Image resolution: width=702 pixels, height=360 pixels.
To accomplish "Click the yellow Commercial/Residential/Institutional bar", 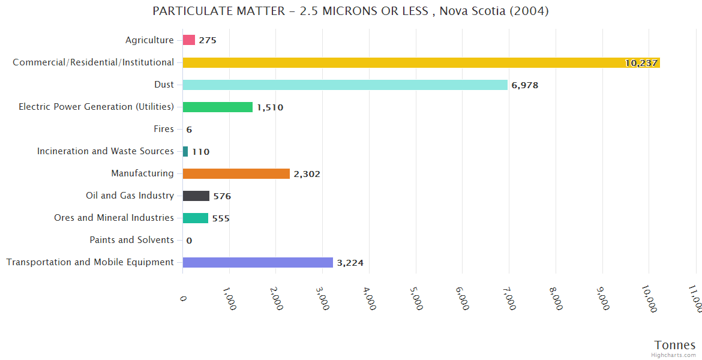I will tap(420, 62).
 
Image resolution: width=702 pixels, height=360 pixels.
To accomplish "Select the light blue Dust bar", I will tap(345, 85).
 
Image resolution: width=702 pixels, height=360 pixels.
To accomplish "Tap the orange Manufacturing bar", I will tap(236, 173).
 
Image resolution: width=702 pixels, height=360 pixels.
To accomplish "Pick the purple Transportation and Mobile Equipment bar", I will tap(257, 262).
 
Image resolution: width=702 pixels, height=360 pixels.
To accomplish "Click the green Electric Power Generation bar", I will tap(217, 107).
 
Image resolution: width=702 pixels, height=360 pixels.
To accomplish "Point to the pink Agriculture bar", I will tap(189, 40).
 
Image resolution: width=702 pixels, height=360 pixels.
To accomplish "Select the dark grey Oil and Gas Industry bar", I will tap(196, 196).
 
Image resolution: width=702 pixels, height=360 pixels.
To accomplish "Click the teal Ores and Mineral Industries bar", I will tap(195, 218).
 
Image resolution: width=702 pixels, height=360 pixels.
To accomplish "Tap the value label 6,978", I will tap(525, 85).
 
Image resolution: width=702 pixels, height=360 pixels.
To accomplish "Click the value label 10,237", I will tap(641, 63).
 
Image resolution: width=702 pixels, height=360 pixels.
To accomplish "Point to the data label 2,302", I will tap(307, 174).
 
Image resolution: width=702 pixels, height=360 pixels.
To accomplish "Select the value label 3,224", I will tap(350, 263).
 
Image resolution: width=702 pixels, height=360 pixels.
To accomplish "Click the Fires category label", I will tap(164, 129).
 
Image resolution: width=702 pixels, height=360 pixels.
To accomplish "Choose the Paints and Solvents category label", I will tap(131, 240).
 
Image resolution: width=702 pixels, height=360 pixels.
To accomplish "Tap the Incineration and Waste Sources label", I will tap(106, 151).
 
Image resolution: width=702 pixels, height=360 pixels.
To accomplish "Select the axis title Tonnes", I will tap(674, 344).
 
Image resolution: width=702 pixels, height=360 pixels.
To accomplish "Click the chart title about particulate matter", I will tap(350, 11).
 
